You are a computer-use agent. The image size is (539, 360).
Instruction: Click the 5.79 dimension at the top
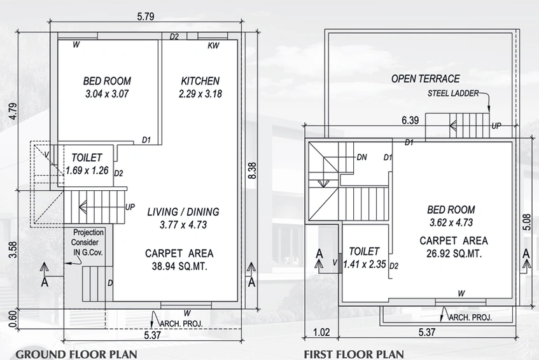[146, 17]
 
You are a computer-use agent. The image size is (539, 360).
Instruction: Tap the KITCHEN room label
[200, 81]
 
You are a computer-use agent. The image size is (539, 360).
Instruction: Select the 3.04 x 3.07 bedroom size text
[107, 93]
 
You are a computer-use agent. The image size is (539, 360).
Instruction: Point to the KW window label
[213, 46]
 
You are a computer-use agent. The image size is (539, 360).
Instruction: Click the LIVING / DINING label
[183, 212]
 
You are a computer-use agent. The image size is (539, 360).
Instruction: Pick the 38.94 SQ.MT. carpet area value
[180, 267]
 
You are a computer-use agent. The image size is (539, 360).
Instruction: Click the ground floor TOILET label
[87, 158]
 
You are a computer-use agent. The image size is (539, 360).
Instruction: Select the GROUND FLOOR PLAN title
[76, 354]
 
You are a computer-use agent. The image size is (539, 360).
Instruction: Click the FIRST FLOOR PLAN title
[354, 354]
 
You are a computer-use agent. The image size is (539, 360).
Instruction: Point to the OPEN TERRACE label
[426, 79]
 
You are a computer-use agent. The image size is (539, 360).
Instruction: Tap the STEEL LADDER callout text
[453, 93]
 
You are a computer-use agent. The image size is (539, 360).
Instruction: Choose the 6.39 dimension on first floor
[410, 120]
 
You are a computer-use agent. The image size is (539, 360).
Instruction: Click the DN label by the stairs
[361, 157]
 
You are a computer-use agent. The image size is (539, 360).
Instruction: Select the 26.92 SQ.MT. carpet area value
[454, 254]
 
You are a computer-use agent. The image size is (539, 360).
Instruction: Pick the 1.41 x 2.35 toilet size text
[365, 264]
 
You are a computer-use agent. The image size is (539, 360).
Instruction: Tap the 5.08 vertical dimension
[526, 222]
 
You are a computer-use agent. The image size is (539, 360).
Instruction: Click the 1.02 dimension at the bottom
[321, 332]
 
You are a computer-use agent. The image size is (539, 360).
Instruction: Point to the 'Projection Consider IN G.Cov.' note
[87, 242]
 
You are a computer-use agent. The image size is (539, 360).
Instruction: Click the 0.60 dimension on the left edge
[13, 319]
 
